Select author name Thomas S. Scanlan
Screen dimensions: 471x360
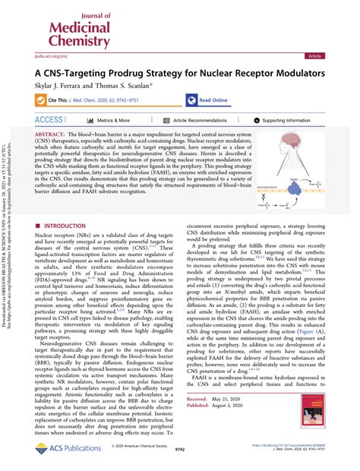click(x=130, y=86)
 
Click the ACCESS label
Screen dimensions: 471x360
click(x=49, y=120)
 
